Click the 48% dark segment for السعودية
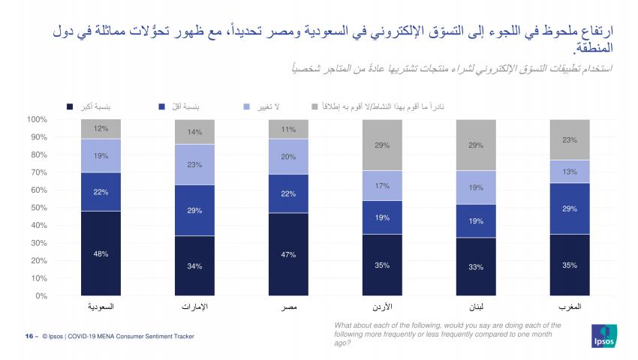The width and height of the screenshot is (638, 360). click(x=101, y=253)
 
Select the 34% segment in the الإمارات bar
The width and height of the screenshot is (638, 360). click(x=194, y=265)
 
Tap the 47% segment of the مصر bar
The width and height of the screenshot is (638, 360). click(x=288, y=254)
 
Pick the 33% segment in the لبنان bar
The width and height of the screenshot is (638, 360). click(x=475, y=266)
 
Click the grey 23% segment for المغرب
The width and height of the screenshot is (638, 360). click(x=569, y=139)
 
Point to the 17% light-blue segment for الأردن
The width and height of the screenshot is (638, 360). click(x=382, y=185)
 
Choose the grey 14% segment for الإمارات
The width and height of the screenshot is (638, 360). click(x=194, y=132)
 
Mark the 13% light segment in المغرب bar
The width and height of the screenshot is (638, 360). click(x=569, y=172)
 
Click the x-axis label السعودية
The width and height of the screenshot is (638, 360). click(x=101, y=308)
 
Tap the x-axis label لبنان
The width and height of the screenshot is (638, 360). click(x=475, y=308)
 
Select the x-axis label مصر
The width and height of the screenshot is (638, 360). click(x=288, y=308)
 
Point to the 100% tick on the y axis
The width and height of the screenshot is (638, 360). click(x=37, y=119)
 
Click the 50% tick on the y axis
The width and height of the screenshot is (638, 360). click(x=38, y=208)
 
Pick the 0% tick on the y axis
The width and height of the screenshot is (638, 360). click(x=41, y=295)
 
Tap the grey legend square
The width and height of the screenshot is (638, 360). click(x=315, y=107)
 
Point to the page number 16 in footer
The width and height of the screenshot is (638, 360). click(x=29, y=337)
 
